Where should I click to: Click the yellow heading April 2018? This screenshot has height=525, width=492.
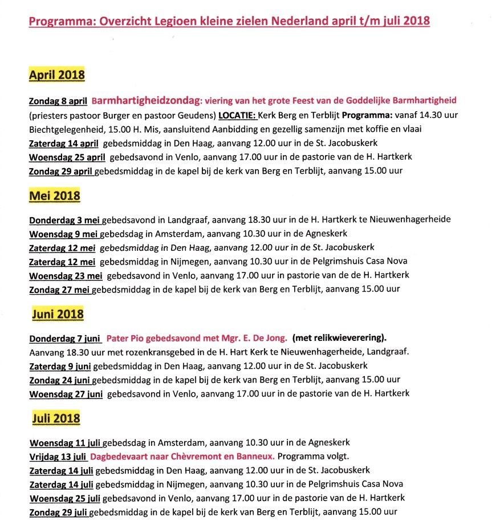pyautogui.click(x=56, y=74)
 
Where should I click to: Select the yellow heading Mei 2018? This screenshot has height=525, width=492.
pyautogui.click(x=54, y=196)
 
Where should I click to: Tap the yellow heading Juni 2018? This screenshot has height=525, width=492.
pyautogui.click(x=58, y=314)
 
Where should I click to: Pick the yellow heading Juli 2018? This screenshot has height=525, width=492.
pyautogui.click(x=56, y=418)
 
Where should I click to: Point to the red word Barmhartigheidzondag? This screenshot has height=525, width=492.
pyautogui.click(x=144, y=100)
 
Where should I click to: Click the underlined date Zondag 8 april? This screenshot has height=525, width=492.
pyautogui.click(x=58, y=101)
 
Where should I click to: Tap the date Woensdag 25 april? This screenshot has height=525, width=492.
pyautogui.click(x=67, y=156)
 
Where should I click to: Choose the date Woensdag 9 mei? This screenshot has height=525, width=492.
pyautogui.click(x=63, y=234)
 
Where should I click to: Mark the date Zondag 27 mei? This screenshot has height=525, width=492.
pyautogui.click(x=60, y=289)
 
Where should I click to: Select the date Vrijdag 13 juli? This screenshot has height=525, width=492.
pyautogui.click(x=58, y=456)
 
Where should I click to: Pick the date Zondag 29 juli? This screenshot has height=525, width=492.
pyautogui.click(x=58, y=511)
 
